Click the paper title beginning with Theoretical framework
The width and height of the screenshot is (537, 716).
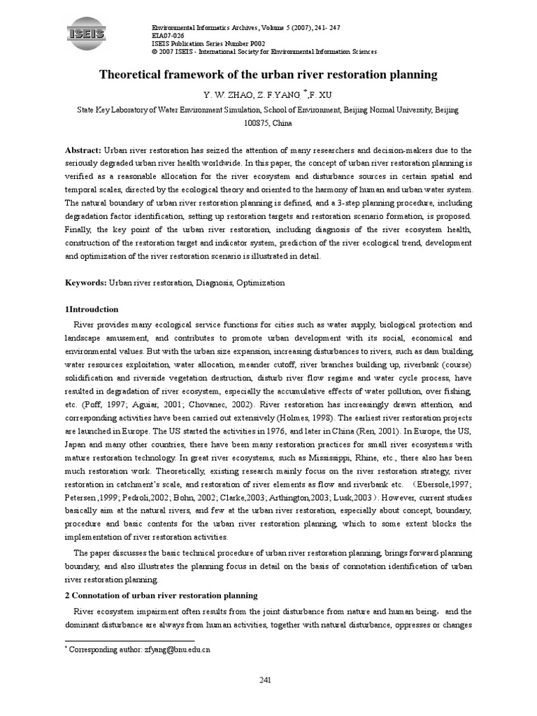click(268, 73)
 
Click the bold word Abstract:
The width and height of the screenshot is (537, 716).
click(83, 150)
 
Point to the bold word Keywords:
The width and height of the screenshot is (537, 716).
click(85, 282)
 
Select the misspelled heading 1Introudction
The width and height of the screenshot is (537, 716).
click(92, 309)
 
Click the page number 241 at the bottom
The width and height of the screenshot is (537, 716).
click(266, 680)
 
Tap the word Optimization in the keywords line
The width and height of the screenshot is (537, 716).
click(261, 282)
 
